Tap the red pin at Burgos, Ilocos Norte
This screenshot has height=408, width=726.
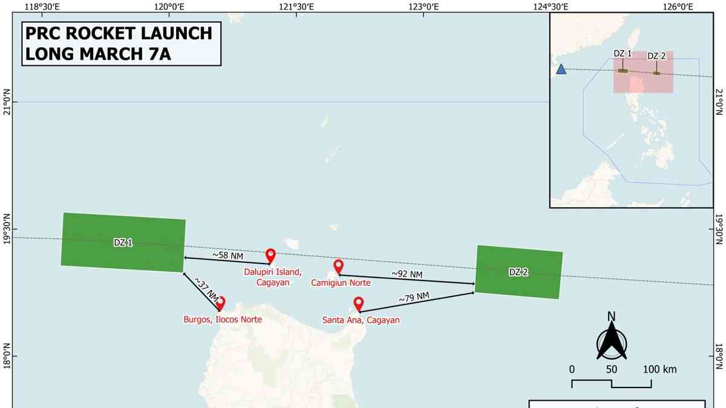[221, 303]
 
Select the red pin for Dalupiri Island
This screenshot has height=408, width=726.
[270, 256]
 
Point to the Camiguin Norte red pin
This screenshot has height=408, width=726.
[338, 266]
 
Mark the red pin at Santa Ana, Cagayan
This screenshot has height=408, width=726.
[358, 303]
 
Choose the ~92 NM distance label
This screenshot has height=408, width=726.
[407, 274]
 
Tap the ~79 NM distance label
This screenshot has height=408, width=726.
[414, 297]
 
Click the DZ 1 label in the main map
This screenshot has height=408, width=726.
[123, 242]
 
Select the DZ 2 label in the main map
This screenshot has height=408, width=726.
[518, 272]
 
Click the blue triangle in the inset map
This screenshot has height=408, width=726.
[561, 70]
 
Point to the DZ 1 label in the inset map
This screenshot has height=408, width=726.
[623, 53]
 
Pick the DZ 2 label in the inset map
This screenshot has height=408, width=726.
[656, 56]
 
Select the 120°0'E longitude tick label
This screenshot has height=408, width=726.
[169, 7]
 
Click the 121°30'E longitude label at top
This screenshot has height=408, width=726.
[296, 7]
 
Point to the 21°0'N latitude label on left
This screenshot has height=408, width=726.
[7, 102]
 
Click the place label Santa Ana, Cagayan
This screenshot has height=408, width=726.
[361, 320]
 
